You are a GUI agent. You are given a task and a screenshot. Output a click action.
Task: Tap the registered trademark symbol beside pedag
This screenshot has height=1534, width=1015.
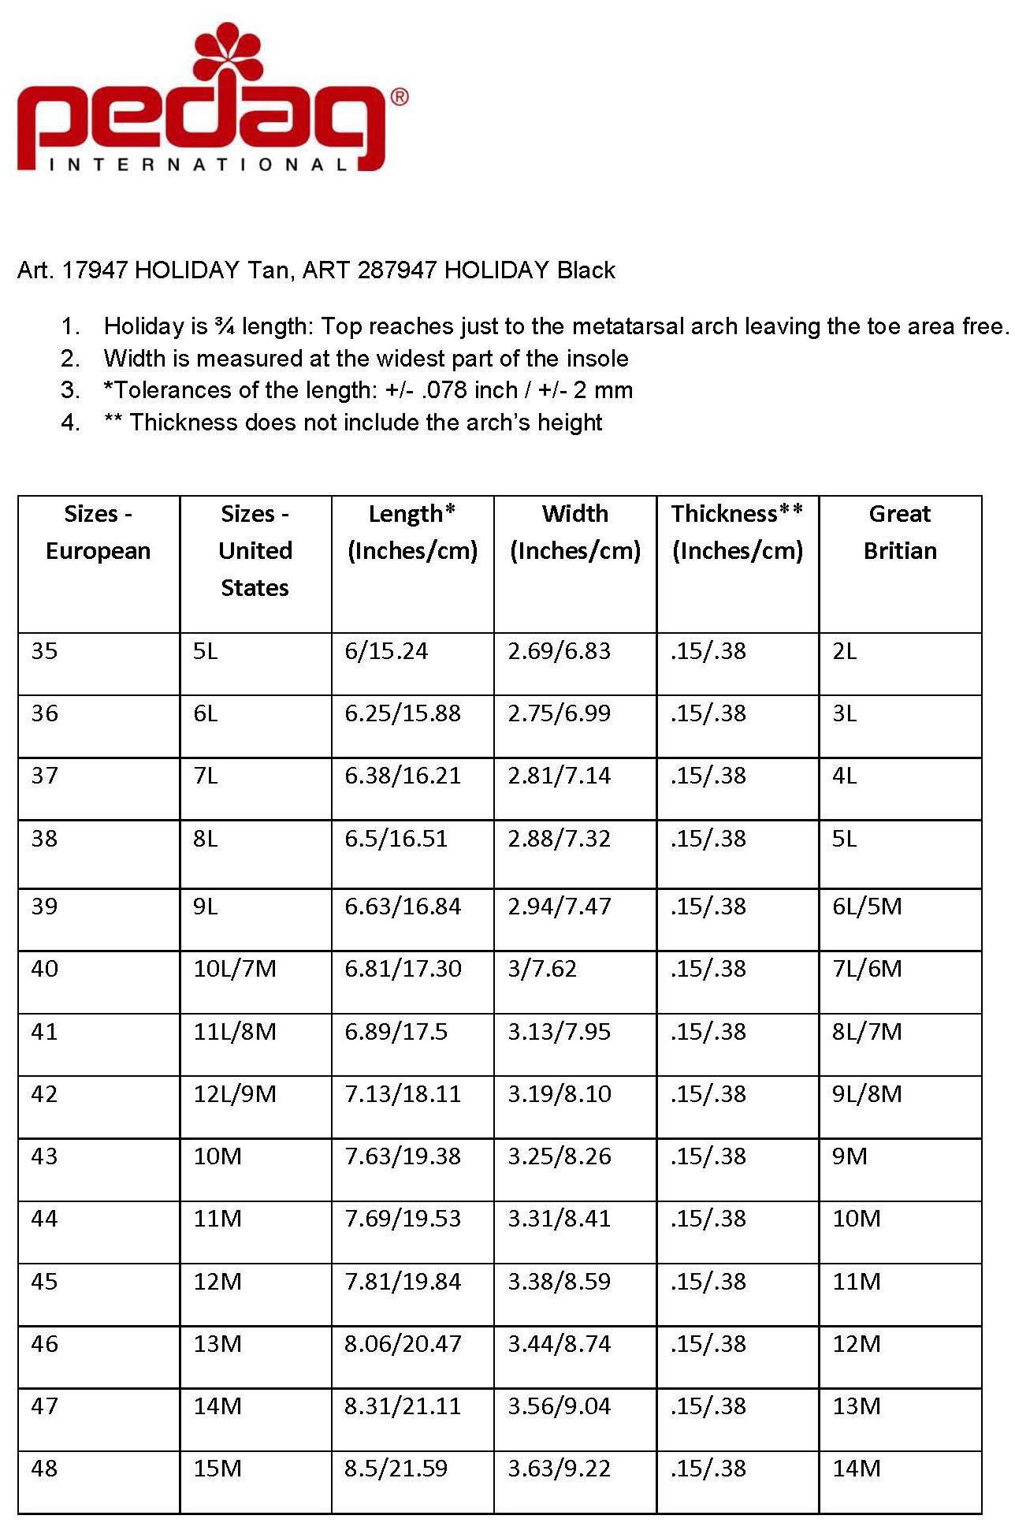pos(400,97)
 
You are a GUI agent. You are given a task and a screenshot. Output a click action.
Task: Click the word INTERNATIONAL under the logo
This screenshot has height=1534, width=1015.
pos(198,165)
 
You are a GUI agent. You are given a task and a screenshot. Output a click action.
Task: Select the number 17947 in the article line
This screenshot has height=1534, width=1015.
pos(95,270)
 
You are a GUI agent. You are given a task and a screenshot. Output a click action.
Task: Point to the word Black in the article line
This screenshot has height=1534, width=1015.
pos(586,270)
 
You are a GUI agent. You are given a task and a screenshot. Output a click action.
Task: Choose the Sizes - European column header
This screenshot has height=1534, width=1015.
pos(99,532)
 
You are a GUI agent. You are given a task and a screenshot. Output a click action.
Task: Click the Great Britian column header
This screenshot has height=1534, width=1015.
pos(900,532)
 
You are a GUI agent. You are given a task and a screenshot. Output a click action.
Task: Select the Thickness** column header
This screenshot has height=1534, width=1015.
pos(737,532)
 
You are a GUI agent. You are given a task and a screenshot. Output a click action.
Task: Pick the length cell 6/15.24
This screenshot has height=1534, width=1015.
pos(386,651)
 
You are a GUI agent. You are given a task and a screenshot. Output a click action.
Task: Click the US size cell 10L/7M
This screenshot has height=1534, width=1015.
pos(235,968)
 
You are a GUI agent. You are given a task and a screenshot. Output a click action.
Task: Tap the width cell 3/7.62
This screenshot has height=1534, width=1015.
pos(542,968)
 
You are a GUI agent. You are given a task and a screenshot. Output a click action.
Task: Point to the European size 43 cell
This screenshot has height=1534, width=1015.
pos(45,1156)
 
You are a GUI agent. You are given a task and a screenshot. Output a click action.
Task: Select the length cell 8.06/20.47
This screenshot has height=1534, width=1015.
pos(403,1343)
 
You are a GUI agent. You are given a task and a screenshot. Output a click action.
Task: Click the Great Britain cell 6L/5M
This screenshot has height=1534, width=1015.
pos(867,906)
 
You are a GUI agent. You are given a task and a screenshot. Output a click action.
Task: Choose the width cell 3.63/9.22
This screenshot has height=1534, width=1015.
pos(559,1468)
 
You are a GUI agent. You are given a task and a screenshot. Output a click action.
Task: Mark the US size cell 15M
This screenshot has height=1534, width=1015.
pos(217,1468)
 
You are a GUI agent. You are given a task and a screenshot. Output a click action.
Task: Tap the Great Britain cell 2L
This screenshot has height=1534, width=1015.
pos(845,651)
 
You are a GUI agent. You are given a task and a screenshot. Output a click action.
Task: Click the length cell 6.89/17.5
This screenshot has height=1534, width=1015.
pos(396,1031)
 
